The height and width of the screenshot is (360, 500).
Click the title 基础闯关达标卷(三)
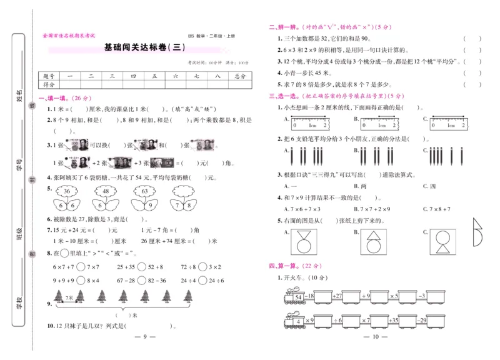(x=144, y=46)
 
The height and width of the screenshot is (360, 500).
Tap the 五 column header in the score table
(x=154, y=76)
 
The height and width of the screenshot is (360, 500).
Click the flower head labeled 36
(x=66, y=191)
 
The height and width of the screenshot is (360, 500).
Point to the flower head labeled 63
(x=144, y=191)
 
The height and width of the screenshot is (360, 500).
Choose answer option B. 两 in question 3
(x=360, y=186)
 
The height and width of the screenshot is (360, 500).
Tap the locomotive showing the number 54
(x=294, y=296)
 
